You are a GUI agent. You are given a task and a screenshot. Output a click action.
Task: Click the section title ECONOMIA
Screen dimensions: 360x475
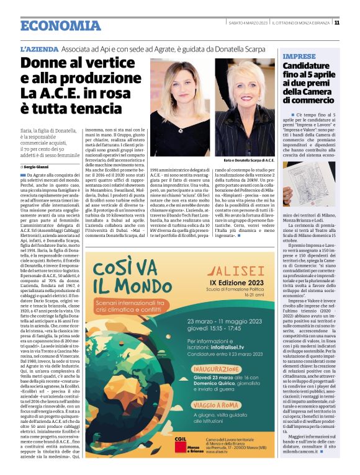60,25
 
